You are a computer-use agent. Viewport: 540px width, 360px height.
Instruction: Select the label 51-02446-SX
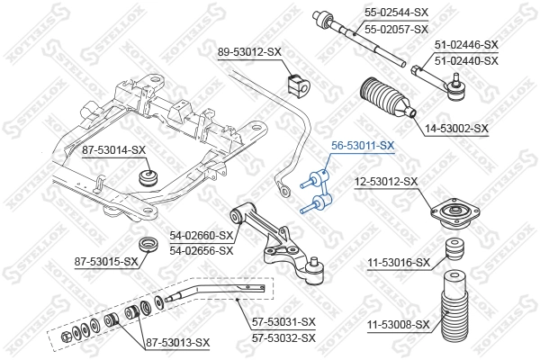pyautogui.click(x=465, y=44)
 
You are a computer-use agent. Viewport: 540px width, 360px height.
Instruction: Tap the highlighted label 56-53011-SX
pyautogui.click(x=363, y=144)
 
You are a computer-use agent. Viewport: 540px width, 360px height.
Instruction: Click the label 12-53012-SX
pyautogui.click(x=385, y=182)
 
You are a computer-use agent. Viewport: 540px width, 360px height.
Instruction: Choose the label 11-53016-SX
pyautogui.click(x=399, y=263)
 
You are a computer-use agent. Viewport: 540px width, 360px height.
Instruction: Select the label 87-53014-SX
pyautogui.click(x=112, y=149)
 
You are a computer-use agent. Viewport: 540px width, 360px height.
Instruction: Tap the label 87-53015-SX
pyautogui.click(x=106, y=262)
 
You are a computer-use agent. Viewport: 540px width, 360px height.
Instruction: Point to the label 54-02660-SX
pyautogui.click(x=201, y=236)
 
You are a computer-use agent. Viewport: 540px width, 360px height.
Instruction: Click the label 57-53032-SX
pyautogui.click(x=283, y=337)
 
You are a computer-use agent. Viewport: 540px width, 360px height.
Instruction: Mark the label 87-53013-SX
pyautogui.click(x=176, y=343)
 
